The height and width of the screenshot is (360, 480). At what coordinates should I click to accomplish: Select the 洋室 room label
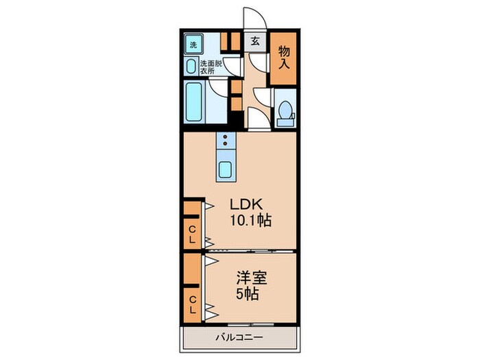click(252, 279)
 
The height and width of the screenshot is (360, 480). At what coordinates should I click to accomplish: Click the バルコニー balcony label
click(240, 337)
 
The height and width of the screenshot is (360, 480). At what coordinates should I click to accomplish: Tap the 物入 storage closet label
click(283, 57)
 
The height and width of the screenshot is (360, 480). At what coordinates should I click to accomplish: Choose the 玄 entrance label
click(254, 42)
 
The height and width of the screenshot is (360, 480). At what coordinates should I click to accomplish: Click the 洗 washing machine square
click(193, 45)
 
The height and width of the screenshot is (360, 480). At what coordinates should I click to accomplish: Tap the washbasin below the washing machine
click(191, 66)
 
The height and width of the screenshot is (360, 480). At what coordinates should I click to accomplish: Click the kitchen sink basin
click(226, 168)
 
